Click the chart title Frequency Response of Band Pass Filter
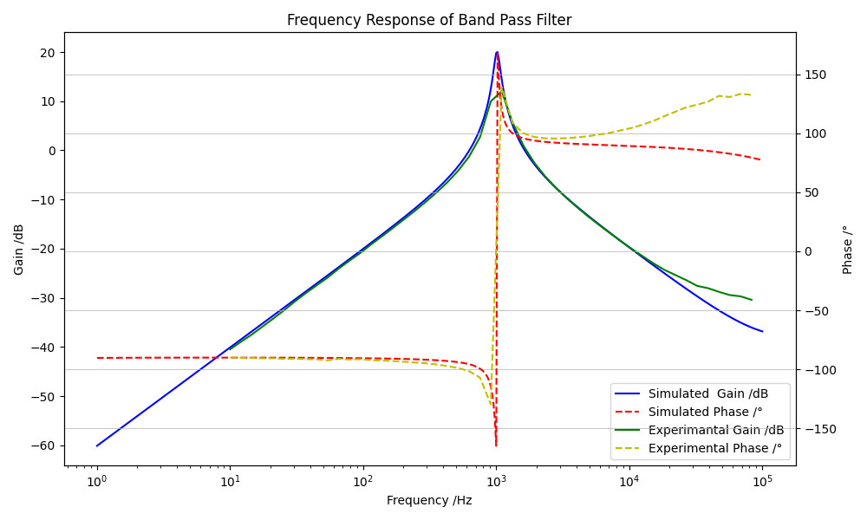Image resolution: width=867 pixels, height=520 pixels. coord(429,20)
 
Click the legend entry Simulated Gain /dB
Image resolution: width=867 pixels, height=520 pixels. coord(707,393)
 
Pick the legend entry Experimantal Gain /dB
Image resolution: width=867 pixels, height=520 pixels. coord(716,430)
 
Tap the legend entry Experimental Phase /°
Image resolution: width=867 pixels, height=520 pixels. coord(715,448)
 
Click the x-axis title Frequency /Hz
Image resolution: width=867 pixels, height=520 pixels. coord(429,500)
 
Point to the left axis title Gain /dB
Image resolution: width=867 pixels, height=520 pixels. coord(19,249)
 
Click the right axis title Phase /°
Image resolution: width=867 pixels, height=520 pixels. coord(848,249)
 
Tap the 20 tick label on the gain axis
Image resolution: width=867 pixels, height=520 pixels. coord(47,53)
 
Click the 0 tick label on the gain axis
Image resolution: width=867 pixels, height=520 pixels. coord(51,151)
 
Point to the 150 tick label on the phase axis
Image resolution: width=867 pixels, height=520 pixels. coord(814,75)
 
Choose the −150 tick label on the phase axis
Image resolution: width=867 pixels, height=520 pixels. coord(817,429)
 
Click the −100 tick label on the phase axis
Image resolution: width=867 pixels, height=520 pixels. coord(817,370)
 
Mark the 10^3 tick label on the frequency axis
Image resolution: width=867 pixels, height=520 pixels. coord(496,481)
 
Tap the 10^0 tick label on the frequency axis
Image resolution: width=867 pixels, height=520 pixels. coord(96,481)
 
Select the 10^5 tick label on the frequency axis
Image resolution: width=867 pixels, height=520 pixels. coord(762,481)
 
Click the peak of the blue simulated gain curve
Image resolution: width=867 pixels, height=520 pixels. coord(497,52)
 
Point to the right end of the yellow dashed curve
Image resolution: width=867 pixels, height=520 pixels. coord(751,94)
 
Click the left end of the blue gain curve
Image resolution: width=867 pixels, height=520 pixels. coord(97,445)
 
